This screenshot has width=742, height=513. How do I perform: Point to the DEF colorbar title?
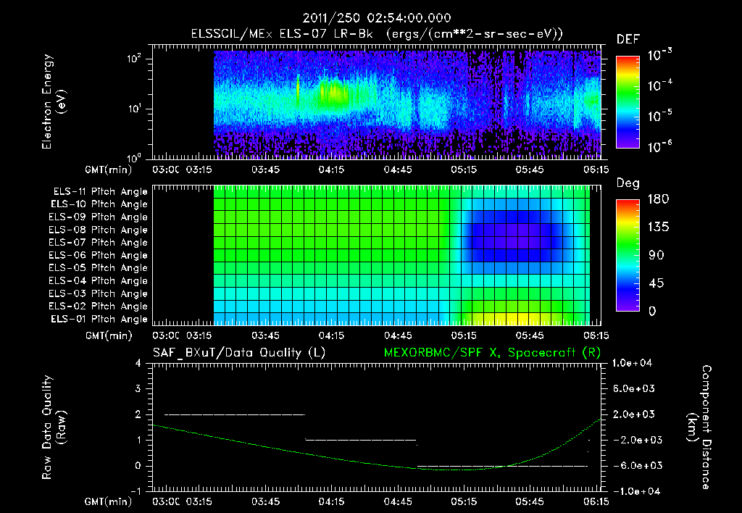pyautogui.click(x=628, y=39)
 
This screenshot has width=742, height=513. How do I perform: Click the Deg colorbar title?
pyautogui.click(x=628, y=183)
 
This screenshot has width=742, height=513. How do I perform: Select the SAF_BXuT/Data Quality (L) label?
pyautogui.click(x=238, y=352)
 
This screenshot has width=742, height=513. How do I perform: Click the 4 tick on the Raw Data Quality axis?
pyautogui.click(x=138, y=363)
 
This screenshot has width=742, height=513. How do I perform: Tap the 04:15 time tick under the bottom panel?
pyautogui.click(x=332, y=501)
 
